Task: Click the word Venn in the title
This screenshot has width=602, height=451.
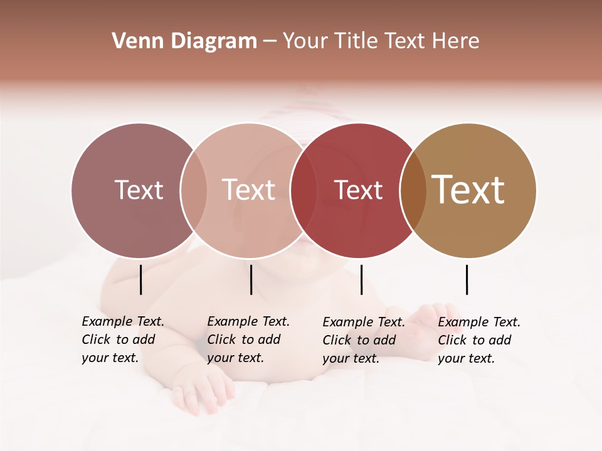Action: click(134, 41)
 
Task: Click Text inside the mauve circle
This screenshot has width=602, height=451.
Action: click(139, 190)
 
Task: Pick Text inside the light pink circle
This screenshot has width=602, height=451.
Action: click(249, 190)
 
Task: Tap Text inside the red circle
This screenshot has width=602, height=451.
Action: click(358, 190)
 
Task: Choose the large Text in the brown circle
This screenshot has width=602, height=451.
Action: click(468, 190)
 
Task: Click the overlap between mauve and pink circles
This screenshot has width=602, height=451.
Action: click(194, 190)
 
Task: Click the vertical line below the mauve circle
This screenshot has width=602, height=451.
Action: click(141, 279)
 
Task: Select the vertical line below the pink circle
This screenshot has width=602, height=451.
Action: click(251, 279)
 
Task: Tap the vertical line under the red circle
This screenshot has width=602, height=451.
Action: click(361, 279)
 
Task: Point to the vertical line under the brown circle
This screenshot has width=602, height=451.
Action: click(467, 279)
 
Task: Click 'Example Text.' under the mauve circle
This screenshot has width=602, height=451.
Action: click(123, 321)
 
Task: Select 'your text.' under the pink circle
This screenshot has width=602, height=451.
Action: click(235, 358)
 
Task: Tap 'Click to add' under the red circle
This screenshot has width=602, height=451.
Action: click(359, 340)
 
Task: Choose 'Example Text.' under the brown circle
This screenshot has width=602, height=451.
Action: click(479, 322)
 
